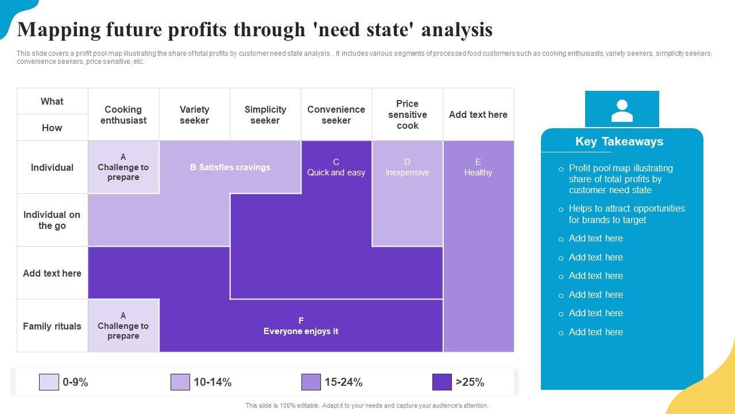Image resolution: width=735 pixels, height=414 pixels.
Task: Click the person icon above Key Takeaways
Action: coord(622,110)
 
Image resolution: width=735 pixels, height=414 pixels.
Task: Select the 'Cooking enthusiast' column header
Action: coord(123,114)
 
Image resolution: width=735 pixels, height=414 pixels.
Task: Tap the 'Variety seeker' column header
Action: coord(195,114)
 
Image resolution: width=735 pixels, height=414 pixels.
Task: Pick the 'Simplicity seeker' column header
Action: coord(265,114)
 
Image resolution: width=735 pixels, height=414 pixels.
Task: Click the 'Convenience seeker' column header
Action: coord(336,114)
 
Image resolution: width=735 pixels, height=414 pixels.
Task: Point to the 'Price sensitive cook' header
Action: coord(407,114)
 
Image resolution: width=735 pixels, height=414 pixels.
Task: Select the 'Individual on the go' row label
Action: coord(52,220)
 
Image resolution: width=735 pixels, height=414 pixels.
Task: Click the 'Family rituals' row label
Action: coord(52,326)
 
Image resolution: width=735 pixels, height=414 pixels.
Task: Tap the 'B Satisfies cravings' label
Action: coord(230,167)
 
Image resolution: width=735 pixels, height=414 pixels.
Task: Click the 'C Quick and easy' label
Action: coord(336,167)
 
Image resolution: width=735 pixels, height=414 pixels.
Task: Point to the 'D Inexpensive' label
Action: coord(407,167)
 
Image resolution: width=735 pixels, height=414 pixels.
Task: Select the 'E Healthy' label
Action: coord(478,167)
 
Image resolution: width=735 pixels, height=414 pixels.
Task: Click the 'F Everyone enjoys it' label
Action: coord(301,326)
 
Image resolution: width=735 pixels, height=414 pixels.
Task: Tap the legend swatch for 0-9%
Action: coord(49,382)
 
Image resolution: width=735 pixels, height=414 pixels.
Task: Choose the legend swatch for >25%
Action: coord(442,382)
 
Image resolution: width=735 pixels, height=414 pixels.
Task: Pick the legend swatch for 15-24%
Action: coord(311,382)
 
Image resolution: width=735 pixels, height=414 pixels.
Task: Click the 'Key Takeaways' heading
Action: coord(619,141)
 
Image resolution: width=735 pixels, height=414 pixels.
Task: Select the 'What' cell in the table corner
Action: coord(52,101)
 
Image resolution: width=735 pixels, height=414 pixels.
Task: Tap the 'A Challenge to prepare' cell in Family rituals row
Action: coord(123,326)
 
